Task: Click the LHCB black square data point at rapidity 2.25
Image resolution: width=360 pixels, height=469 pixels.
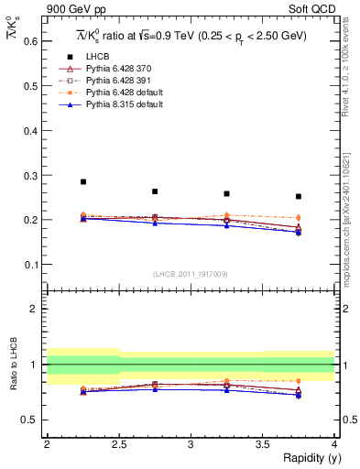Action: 83,182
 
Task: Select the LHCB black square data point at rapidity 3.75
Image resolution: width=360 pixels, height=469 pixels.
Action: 299,196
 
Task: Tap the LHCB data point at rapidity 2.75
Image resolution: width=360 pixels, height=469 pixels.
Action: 155,191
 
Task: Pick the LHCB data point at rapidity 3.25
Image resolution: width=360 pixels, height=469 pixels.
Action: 226,193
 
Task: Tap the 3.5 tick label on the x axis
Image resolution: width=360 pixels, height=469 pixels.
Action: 262,443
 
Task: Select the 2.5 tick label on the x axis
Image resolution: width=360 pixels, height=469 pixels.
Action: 118,443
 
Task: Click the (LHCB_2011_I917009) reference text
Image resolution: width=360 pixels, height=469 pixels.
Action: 190,274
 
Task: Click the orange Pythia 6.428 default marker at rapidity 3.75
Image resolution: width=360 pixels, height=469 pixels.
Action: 299,217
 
